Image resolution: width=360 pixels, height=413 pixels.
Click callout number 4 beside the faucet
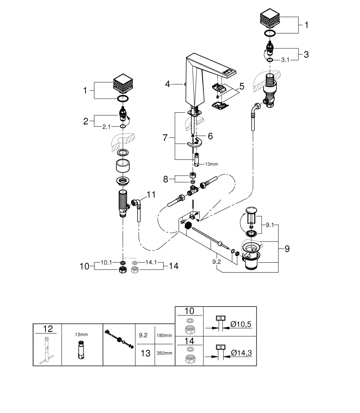point(167,84)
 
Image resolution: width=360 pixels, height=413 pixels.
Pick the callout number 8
point(166,179)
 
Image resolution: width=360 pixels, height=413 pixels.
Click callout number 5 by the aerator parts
point(241,87)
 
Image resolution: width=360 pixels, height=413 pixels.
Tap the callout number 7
point(166,138)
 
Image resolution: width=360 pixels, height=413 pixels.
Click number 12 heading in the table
point(48,329)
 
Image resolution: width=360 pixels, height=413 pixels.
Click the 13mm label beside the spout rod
point(211,164)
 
